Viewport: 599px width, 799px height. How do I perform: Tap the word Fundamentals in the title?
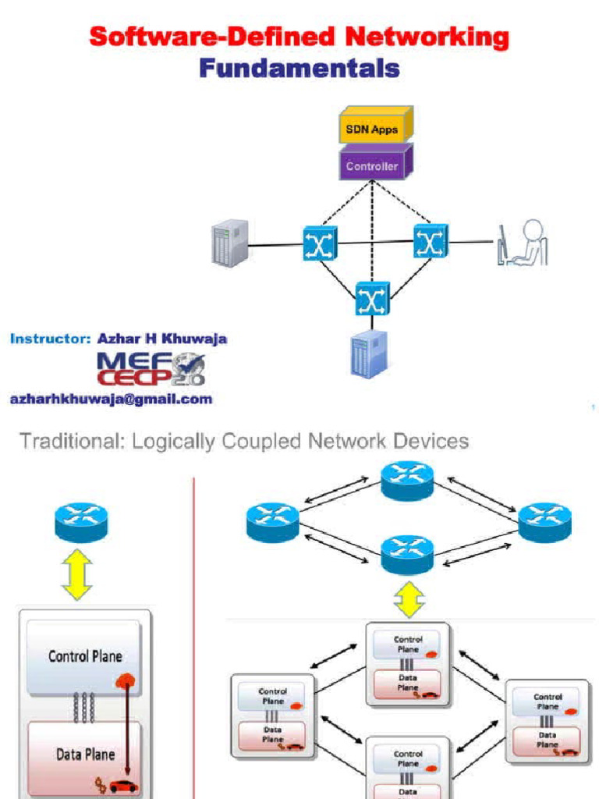(x=299, y=68)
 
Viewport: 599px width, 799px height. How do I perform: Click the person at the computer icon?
(x=523, y=243)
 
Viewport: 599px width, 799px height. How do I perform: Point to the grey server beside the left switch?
(x=230, y=243)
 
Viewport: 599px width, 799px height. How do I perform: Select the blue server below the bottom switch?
(x=369, y=353)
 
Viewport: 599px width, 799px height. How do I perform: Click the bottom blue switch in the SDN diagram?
(x=372, y=298)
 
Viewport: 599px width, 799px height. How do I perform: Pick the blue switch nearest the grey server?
(x=320, y=243)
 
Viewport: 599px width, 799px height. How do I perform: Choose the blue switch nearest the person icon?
(x=431, y=241)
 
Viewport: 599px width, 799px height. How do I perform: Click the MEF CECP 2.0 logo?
(x=151, y=368)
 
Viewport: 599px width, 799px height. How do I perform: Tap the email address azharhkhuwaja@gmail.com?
(x=111, y=399)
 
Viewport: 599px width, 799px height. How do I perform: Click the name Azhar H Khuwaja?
(x=162, y=339)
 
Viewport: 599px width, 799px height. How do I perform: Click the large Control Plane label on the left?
(x=84, y=656)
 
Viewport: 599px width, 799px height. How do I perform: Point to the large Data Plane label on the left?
(x=85, y=755)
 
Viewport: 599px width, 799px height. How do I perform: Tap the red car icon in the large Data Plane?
(x=123, y=785)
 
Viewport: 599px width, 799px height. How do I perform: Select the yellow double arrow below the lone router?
(x=77, y=575)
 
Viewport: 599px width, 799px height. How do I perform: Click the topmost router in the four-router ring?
(x=407, y=480)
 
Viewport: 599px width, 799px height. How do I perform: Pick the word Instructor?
(x=50, y=339)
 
